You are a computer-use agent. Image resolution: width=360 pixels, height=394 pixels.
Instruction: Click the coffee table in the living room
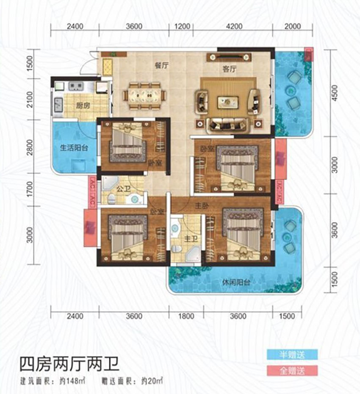pos(228,102)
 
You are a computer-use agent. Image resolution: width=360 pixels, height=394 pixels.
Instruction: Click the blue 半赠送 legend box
pos(292,354)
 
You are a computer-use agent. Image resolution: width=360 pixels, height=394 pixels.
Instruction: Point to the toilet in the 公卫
pos(112,197)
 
